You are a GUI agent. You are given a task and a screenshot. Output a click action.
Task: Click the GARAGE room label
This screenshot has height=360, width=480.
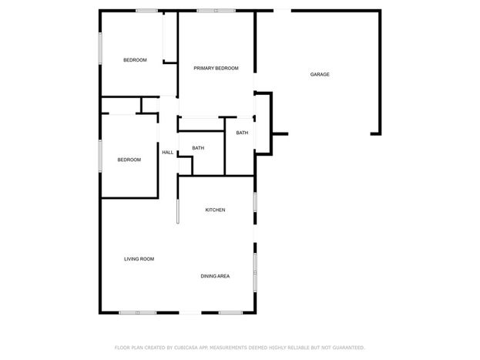pyautogui.click(x=320, y=74)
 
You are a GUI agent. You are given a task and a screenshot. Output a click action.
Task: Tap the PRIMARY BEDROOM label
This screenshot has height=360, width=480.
pyautogui.click(x=216, y=68)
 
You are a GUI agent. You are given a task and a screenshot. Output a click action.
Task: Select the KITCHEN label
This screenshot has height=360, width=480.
pyautogui.click(x=215, y=210)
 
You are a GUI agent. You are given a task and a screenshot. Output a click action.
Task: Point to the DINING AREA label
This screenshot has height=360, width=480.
pyautogui.click(x=215, y=276)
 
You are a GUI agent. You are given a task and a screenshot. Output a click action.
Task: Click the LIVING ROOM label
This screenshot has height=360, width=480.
pyautogui.click(x=139, y=259)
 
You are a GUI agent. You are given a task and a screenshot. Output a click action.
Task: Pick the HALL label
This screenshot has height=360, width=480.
pyautogui.click(x=167, y=153)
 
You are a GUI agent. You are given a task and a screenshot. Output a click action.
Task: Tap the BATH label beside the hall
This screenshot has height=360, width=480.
pyautogui.click(x=198, y=148)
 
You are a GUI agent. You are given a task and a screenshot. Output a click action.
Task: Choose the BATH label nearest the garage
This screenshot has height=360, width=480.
pyautogui.click(x=242, y=133)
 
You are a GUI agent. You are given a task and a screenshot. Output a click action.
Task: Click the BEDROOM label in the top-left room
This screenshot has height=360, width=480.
pyautogui.click(x=135, y=60)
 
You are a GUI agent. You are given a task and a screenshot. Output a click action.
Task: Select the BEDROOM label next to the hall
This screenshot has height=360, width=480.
pyautogui.click(x=129, y=160)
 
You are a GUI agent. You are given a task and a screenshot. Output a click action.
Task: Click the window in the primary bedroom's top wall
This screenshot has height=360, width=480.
pyautogui.click(x=217, y=11)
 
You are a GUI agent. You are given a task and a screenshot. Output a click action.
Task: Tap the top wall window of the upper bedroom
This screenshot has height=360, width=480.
pyautogui.click(x=146, y=11)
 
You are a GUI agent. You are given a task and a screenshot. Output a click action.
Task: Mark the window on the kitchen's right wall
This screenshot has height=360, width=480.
pyautogui.click(x=255, y=202)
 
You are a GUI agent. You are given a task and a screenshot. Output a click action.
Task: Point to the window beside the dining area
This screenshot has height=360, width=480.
pyautogui.click(x=255, y=272)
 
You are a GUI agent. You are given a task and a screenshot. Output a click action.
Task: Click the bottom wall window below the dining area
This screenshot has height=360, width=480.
pyautogui.click(x=230, y=312)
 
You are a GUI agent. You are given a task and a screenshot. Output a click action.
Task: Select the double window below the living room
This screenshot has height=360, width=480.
pyautogui.click(x=138, y=312)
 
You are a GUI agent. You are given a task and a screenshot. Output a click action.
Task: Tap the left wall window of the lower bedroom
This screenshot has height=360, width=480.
pyautogui.click(x=100, y=156)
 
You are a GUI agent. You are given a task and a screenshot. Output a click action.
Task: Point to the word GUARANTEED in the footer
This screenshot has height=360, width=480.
pyautogui.click(x=349, y=348)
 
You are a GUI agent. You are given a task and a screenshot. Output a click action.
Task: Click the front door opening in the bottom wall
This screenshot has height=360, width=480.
pyautogui.click(x=190, y=312)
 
